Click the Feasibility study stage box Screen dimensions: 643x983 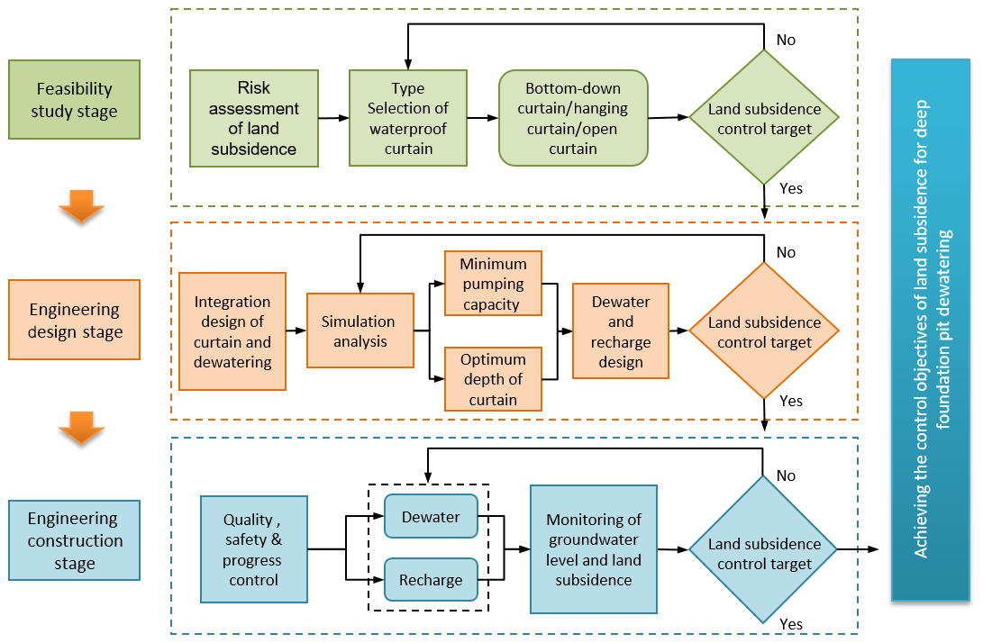pos(74,100)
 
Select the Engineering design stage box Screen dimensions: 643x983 pos(74,320)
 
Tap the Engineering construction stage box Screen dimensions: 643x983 pos(74,540)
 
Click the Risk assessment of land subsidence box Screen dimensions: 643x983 pos(253,118)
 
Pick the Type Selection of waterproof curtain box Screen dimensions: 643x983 pos(408,118)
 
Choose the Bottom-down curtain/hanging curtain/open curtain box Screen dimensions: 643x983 pos(573,118)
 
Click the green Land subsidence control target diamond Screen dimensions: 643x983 pos(764,118)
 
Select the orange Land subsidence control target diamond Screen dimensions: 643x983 pos(764,331)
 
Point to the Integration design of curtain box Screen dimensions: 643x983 pos(232,331)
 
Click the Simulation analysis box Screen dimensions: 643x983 pos(360,331)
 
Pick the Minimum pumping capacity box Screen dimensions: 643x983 pos(493,284)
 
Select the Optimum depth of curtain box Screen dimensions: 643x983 pos(493,378)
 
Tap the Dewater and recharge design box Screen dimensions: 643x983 pos(621,331)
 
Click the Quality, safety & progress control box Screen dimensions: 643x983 pos(253,549)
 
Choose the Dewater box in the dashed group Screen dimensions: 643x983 pos(431,517)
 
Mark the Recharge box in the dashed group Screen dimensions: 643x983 pos(431,580)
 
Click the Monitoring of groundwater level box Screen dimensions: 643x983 pos(593,549)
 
